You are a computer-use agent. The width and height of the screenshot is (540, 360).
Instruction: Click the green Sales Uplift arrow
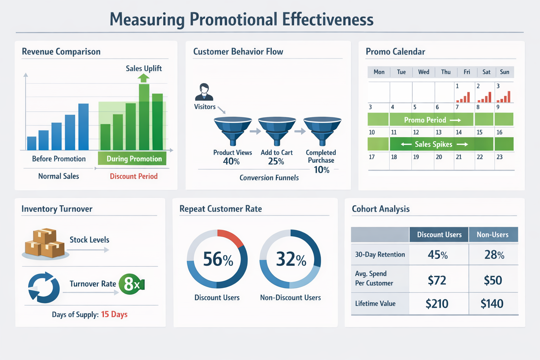pos(143,78)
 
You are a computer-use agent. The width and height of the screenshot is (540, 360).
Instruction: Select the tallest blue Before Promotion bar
pos(83,127)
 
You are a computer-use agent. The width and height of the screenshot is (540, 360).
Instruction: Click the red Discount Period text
pos(134,176)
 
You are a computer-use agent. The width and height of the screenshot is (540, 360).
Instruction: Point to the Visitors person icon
pos(204,92)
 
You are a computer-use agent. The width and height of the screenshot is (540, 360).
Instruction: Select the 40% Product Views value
pos(231,161)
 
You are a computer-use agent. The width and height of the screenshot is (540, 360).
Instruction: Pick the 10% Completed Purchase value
pos(321,170)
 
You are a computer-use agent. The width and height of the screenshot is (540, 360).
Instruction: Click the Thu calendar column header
pos(446,72)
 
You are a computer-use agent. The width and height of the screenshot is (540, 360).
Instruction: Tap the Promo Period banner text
pos(425,120)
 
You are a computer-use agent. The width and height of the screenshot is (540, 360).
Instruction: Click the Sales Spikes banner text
pos(433,144)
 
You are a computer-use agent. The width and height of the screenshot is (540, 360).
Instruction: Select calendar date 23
pos(500,157)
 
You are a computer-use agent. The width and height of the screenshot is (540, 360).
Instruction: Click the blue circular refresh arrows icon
pos(44,288)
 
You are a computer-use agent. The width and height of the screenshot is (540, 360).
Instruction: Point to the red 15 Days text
pos(114,314)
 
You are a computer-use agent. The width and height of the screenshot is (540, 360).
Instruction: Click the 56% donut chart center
pos(218,259)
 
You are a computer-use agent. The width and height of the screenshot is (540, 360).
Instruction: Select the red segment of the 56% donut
pos(231,237)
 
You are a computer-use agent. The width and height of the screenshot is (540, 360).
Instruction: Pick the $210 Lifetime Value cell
pos(437,304)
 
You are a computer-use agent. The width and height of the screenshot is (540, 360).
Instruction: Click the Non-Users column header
pos(493,235)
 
